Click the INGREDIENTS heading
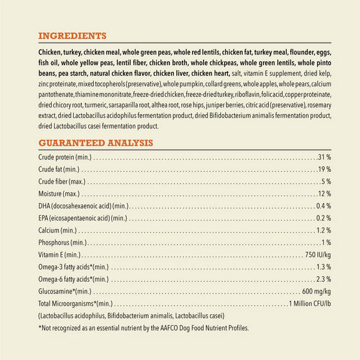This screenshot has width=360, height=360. coord(72,35)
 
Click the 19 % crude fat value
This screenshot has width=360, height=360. coord(325,169)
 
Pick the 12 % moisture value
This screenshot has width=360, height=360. coord(325,194)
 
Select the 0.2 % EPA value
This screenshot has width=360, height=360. coord(323,218)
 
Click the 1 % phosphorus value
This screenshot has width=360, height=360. coord(326,242)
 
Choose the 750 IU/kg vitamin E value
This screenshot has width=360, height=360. coord(318,254)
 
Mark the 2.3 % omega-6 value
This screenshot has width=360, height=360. coord(323,279)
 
